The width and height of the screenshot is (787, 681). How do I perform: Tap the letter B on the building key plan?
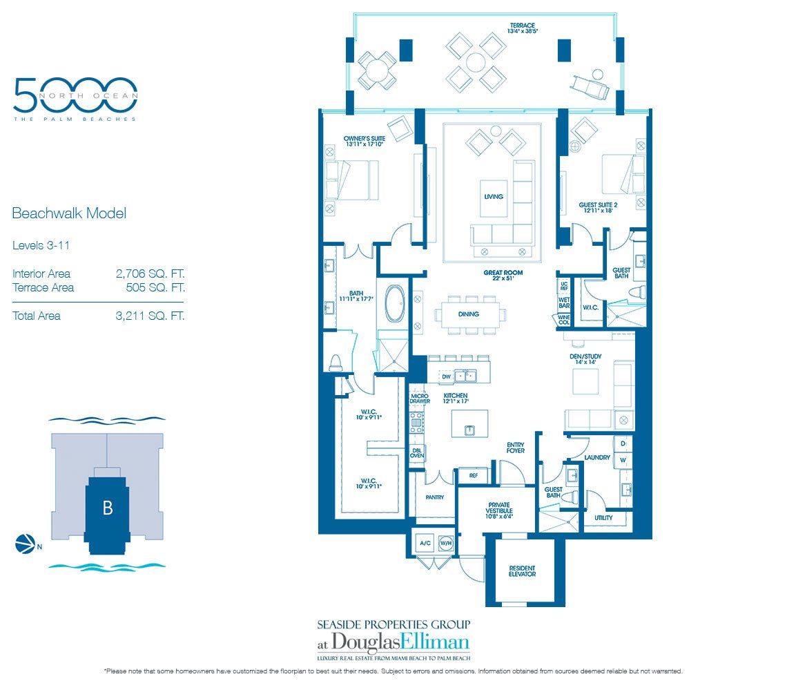108,508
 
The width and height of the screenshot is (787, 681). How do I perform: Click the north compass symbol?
22,544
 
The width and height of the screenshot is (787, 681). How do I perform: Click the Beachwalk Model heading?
69,213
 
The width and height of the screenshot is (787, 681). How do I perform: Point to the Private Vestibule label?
498,509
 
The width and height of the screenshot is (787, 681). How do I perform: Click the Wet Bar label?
563,303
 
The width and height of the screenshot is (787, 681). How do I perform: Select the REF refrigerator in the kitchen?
473,476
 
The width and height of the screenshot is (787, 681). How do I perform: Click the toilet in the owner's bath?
336,363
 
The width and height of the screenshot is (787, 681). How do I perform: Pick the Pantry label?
434,497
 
